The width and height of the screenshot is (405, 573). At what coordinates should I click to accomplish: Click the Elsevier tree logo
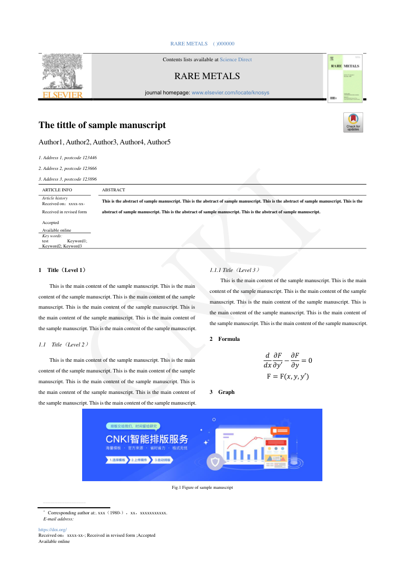pyautogui.click(x=62, y=76)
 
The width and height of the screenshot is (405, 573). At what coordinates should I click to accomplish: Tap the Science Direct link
pyautogui.click(x=236, y=60)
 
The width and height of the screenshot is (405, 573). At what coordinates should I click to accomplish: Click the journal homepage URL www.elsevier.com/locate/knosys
pyautogui.click(x=230, y=93)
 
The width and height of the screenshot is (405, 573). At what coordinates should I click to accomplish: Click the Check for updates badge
pyautogui.click(x=353, y=122)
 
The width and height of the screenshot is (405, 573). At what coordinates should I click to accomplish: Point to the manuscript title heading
pyautogui.click(x=102, y=125)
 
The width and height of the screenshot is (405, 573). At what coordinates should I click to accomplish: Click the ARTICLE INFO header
pyautogui.click(x=57, y=190)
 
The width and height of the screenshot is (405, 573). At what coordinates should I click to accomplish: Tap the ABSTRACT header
pyautogui.click(x=113, y=190)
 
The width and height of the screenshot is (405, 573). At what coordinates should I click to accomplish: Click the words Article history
pyautogui.click(x=55, y=198)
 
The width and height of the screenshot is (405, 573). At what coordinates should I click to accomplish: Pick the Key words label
pyautogui.click(x=52, y=236)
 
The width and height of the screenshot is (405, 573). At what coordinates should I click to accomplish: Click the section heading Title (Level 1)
pyautogui.click(x=66, y=270)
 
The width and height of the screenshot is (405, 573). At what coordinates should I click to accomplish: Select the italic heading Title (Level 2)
pyautogui.click(x=70, y=344)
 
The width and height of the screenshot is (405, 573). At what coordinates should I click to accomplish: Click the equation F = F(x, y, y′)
pyautogui.click(x=288, y=377)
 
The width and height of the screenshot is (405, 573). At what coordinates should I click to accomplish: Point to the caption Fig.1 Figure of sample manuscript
pyautogui.click(x=202, y=488)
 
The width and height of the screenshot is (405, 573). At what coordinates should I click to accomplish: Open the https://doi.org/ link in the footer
pyautogui.click(x=53, y=530)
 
